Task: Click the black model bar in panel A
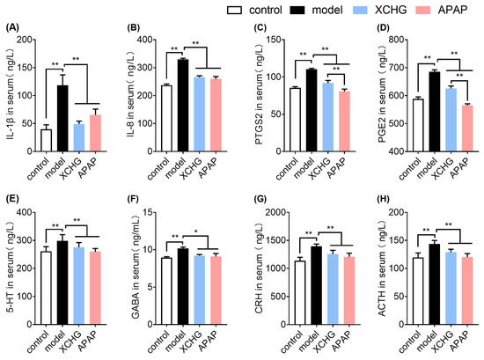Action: click(x=62, y=114)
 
